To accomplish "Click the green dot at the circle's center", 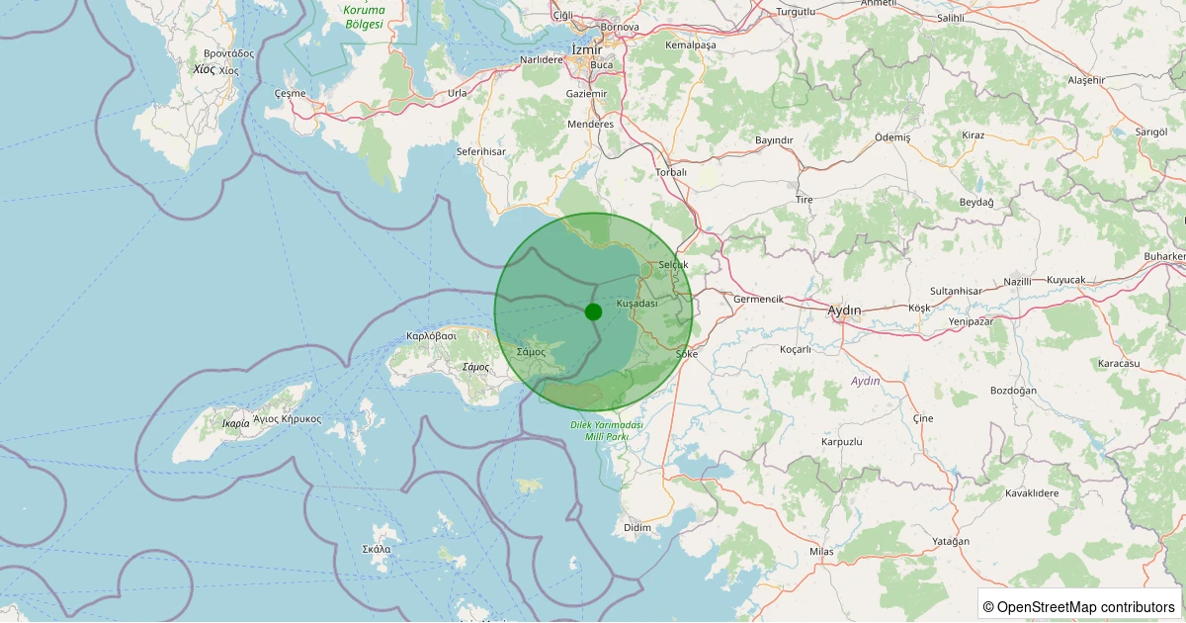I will point(593,311).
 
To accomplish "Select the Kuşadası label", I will point(636,304).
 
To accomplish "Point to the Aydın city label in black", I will point(844,311).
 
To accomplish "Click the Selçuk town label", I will point(672,265).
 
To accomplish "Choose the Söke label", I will point(686,353).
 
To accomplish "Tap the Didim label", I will point(637,528).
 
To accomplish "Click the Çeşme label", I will point(290,93).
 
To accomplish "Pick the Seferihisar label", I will point(481,151).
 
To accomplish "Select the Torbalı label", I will point(671,172).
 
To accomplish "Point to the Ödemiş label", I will point(892,137).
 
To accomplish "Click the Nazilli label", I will point(1017,282).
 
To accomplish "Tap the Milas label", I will point(821,551).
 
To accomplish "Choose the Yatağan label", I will point(951,541).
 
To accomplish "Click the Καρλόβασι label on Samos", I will point(431,336).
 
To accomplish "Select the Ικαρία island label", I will point(236,423).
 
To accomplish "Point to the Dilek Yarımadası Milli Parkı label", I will point(607,430).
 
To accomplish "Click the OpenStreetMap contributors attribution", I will point(1078,606).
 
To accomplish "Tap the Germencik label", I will point(758,299).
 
